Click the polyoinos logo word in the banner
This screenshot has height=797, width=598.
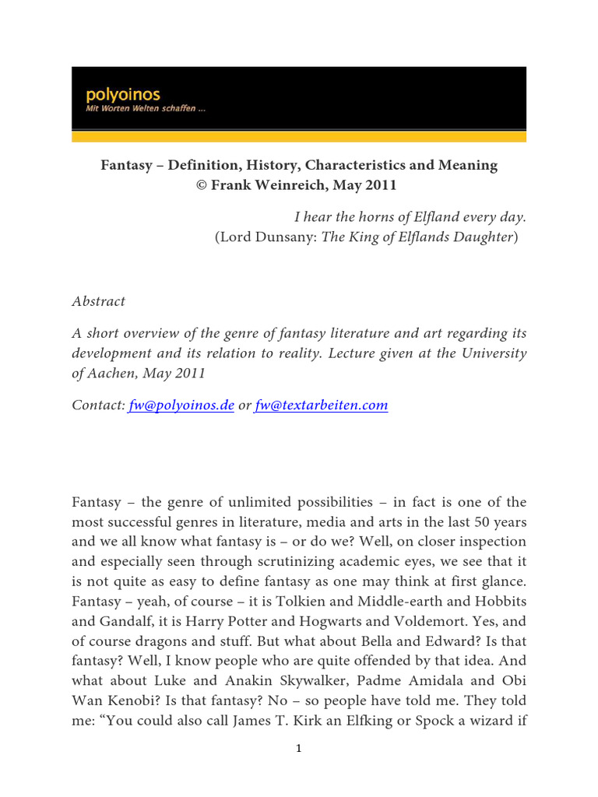122,95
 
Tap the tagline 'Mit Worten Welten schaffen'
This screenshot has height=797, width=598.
145,109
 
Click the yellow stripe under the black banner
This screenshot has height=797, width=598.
298,136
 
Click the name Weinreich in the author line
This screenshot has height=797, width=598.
286,185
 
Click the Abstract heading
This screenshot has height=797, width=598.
98,301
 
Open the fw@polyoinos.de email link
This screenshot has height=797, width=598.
181,405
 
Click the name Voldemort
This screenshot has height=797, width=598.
419,599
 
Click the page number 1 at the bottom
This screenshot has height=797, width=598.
298,750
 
